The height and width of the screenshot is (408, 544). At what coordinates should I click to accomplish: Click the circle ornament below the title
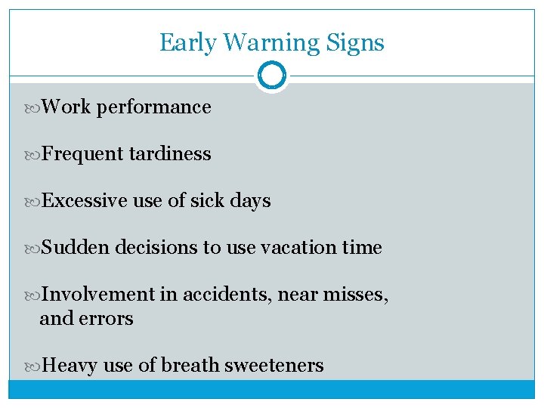271,76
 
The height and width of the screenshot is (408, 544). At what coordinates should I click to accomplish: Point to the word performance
154,107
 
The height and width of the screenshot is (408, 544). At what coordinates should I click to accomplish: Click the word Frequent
83,154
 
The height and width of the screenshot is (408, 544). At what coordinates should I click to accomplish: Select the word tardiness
170,154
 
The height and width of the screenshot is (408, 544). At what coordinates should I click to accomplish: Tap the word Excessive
85,201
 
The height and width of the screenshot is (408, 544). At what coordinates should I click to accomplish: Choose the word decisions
157,248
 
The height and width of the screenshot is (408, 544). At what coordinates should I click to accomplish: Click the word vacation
288,248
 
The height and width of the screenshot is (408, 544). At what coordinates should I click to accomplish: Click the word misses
355,295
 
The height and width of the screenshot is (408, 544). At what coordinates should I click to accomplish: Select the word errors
110,319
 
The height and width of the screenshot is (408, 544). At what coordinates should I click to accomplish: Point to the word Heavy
70,366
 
